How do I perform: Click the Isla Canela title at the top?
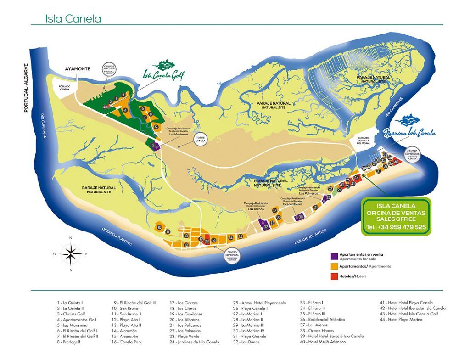point(73,19)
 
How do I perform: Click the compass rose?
point(70,253)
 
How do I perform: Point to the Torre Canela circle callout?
point(201,139)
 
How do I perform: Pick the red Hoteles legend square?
point(333,276)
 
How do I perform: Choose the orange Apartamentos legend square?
point(333,266)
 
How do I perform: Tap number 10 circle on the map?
point(159,227)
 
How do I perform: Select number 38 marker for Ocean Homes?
point(301,217)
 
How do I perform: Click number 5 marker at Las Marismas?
point(152,146)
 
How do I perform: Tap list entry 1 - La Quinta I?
point(70,303)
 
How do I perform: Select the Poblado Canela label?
point(64,87)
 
